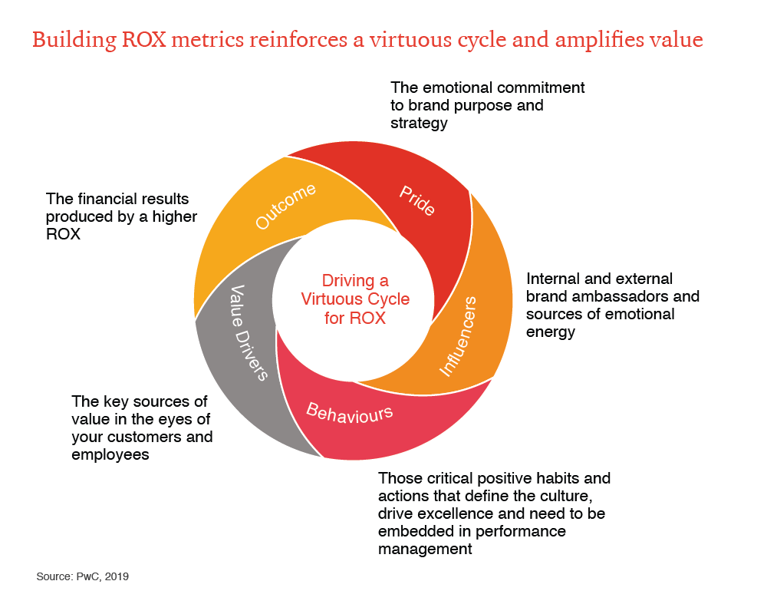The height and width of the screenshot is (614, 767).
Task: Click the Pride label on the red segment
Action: tap(416, 200)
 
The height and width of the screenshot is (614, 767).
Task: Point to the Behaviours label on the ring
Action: tap(349, 412)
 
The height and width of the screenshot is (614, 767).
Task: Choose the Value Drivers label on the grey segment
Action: tap(249, 333)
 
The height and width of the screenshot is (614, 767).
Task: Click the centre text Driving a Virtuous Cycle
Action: tap(354, 299)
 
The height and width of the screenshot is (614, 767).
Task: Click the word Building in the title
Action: tap(74, 40)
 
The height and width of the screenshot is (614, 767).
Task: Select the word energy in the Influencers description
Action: tap(551, 332)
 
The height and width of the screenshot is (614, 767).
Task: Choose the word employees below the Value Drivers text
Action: tap(110, 454)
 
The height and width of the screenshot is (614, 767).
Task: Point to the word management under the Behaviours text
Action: tap(425, 549)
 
